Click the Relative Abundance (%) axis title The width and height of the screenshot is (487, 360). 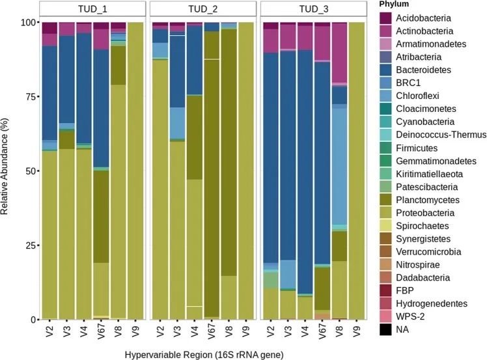(8, 171)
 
